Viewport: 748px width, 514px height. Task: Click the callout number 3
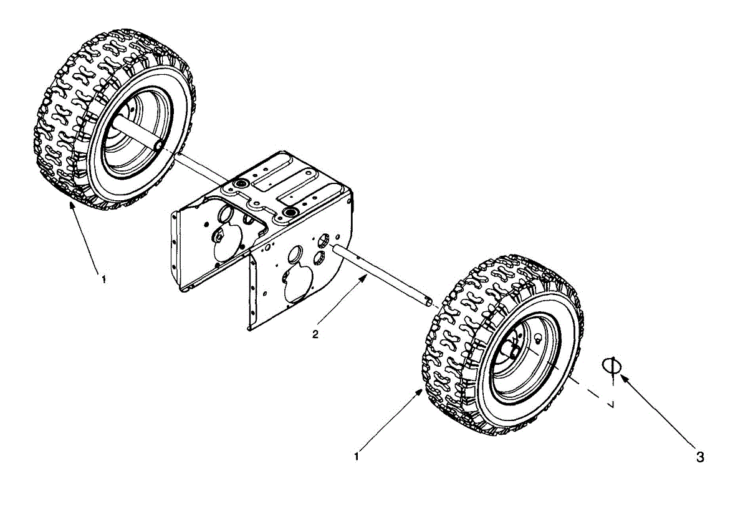pos(700,457)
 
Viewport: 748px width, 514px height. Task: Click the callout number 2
pos(315,334)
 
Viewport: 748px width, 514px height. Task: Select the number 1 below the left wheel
pos(103,279)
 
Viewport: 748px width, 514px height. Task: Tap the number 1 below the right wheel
pos(357,456)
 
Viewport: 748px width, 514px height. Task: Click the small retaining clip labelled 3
pos(611,366)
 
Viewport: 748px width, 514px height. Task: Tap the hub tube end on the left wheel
pos(158,145)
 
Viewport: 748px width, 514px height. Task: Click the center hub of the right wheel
pos(515,350)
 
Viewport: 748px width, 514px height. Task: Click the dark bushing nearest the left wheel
pos(239,186)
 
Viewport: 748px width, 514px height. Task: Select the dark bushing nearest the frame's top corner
pos(289,213)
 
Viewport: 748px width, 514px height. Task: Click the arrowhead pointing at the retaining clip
pos(623,378)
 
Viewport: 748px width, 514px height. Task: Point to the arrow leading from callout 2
pos(343,306)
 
